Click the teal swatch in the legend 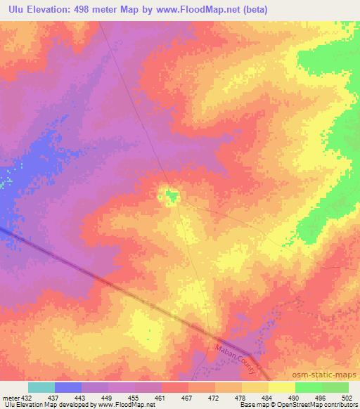pos(41,387)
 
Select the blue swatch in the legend pos(68,387)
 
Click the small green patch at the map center pos(170,196)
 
